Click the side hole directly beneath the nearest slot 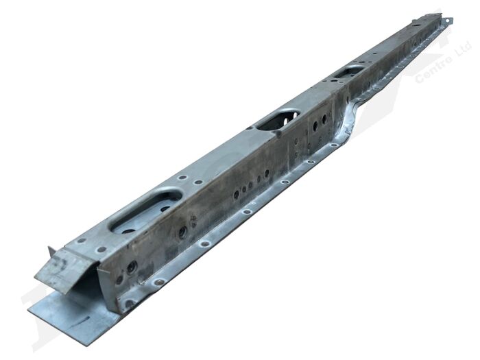[x=182, y=232]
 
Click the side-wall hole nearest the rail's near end [x=119, y=279]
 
